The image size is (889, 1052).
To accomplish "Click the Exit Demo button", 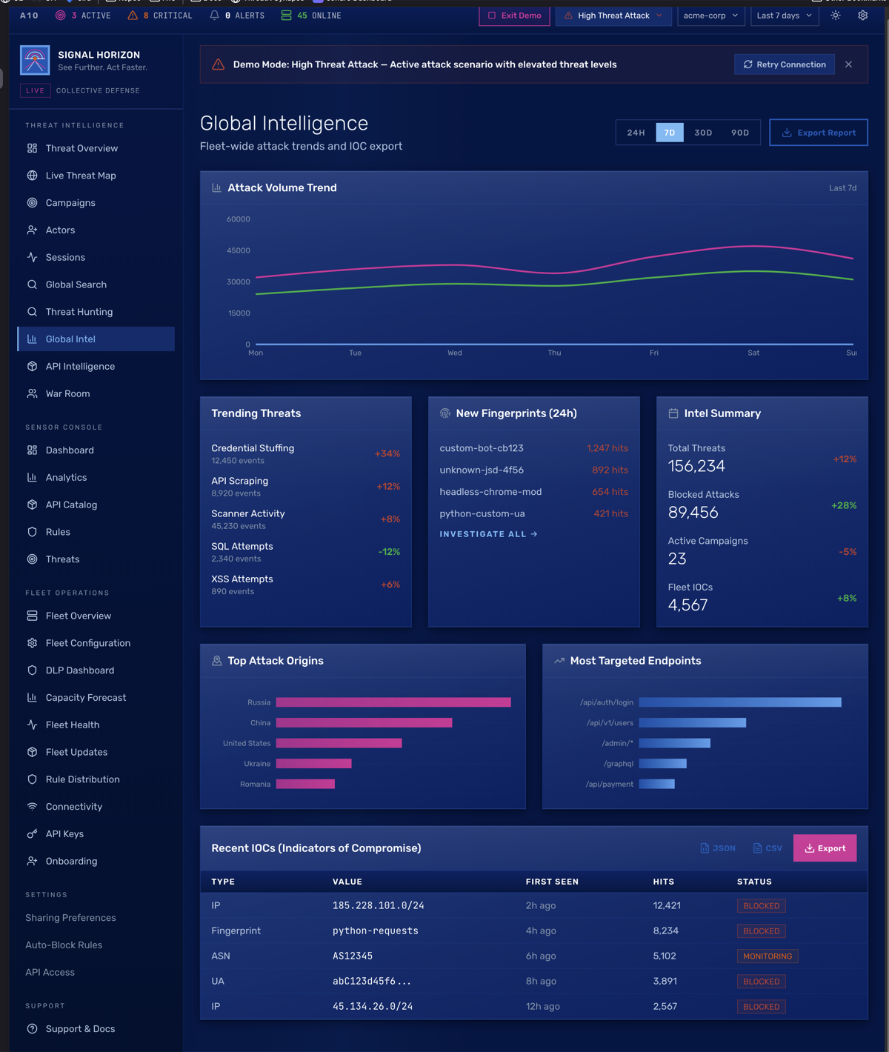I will pyautogui.click(x=515, y=16).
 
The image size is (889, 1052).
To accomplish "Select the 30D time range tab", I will pyautogui.click(x=703, y=133).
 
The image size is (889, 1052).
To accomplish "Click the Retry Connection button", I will pyautogui.click(x=785, y=64).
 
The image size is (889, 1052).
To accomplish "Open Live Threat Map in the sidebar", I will pyautogui.click(x=81, y=176).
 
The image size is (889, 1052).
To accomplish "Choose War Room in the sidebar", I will pyautogui.click(x=67, y=393).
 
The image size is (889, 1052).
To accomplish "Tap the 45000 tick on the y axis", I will pyautogui.click(x=239, y=250).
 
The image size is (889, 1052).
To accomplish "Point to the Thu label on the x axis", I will pyautogui.click(x=554, y=353).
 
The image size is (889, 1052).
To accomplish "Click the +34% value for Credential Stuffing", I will pyautogui.click(x=387, y=453).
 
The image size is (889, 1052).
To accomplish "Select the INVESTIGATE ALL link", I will pyautogui.click(x=488, y=534).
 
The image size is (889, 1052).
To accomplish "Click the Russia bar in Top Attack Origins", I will pyautogui.click(x=393, y=702).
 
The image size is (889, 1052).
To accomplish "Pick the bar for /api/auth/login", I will pyautogui.click(x=739, y=702).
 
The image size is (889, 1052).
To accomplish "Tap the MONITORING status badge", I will pyautogui.click(x=767, y=956).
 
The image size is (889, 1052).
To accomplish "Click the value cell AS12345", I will pyautogui.click(x=353, y=956).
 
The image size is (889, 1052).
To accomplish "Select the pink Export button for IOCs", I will pyautogui.click(x=825, y=848).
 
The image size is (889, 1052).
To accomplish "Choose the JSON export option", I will pyautogui.click(x=718, y=848).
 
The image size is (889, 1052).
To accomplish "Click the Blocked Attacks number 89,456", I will pyautogui.click(x=693, y=513).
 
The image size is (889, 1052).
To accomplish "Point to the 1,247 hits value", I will pyautogui.click(x=607, y=448).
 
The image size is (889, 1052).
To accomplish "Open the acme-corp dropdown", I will pyautogui.click(x=710, y=16).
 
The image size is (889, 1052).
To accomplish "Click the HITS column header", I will pyautogui.click(x=663, y=882).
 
